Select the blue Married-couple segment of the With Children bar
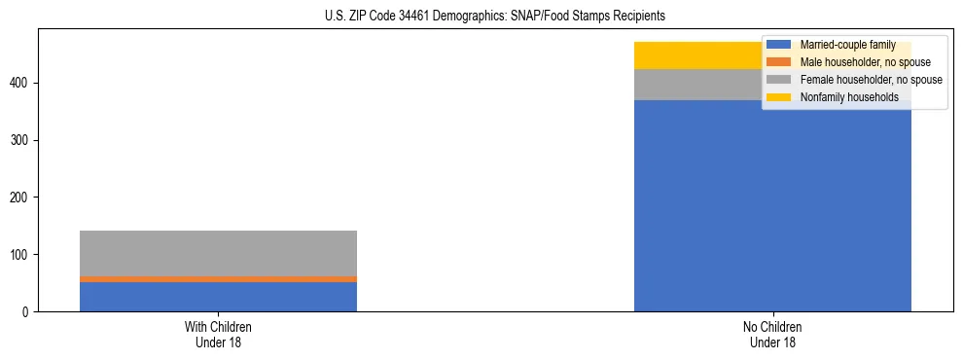pyautogui.click(x=218, y=297)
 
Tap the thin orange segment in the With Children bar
pyautogui.click(x=218, y=279)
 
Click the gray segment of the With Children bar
pyautogui.click(x=218, y=253)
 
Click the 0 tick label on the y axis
pyautogui.click(x=28, y=312)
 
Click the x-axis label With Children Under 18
pyautogui.click(x=218, y=334)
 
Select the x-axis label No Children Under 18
pyautogui.click(x=772, y=334)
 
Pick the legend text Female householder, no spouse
pyautogui.click(x=871, y=80)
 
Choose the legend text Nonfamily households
pyautogui.click(x=849, y=97)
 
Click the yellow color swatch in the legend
pyautogui.click(x=779, y=97)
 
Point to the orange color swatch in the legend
pyautogui.click(x=779, y=62)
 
